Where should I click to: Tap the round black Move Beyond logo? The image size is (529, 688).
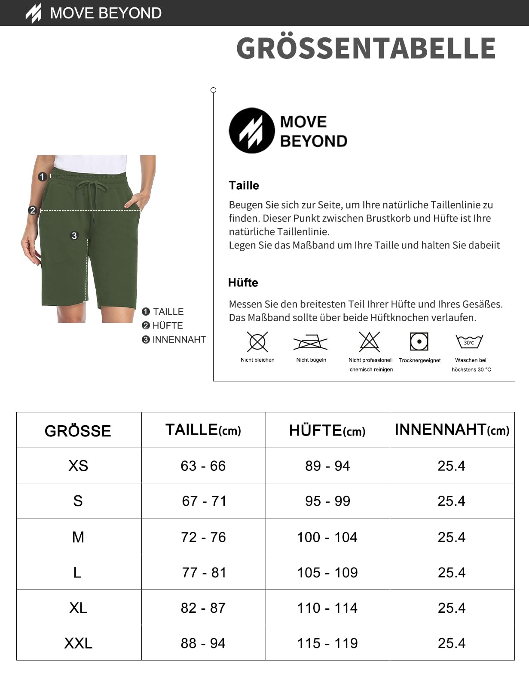(251, 130)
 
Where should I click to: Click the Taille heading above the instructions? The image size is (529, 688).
(244, 185)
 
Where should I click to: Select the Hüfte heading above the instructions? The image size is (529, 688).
(243, 283)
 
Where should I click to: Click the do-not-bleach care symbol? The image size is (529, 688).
(257, 342)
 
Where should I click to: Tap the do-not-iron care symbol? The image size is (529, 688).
(311, 342)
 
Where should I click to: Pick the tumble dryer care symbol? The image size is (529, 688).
(419, 341)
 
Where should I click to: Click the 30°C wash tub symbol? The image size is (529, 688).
(469, 342)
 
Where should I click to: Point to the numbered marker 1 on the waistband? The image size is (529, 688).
(42, 176)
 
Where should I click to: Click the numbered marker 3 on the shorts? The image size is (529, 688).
(74, 236)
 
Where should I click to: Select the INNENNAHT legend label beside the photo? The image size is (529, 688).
(179, 340)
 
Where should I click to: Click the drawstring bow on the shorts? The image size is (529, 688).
(91, 187)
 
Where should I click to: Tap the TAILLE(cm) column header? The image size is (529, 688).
(203, 430)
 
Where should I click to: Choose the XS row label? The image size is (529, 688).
(78, 466)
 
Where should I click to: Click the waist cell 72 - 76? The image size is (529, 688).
(203, 537)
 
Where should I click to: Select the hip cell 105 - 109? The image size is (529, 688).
(327, 572)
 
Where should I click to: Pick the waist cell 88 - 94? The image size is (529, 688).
(203, 643)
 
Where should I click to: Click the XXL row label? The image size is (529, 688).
(78, 643)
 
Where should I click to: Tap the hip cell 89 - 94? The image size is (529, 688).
(327, 466)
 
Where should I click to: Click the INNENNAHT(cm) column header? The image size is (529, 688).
(452, 430)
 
